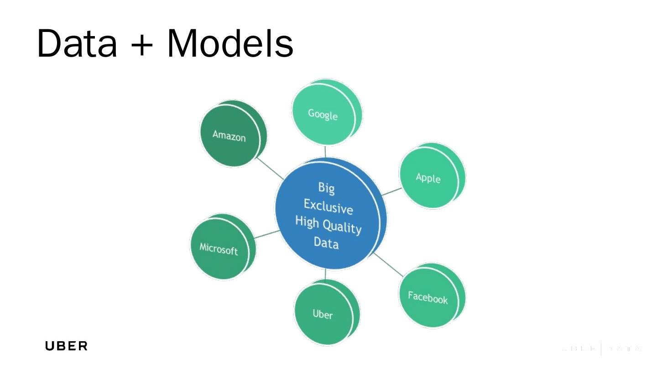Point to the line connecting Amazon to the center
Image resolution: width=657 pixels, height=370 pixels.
tap(269, 169)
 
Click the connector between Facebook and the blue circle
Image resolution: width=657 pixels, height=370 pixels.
tap(388, 265)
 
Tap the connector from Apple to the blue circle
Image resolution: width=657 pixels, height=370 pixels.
tap(391, 191)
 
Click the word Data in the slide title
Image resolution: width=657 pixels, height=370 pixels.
tap(77, 43)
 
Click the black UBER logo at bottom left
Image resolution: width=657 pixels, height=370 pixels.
tap(66, 346)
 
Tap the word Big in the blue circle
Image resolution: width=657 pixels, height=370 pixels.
tap(327, 188)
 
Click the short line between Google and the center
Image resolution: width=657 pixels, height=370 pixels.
tap(325, 151)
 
